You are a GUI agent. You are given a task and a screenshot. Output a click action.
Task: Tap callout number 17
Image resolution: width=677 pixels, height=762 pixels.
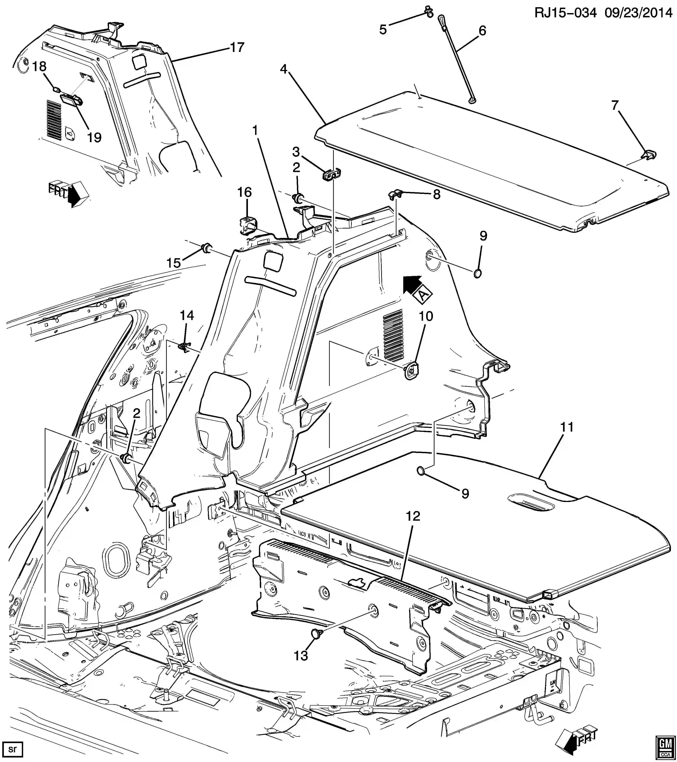point(237,47)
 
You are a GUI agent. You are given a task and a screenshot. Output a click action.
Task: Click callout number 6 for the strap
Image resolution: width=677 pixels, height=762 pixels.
point(482,31)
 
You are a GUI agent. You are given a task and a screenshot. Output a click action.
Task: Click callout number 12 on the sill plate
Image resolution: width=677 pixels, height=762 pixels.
point(413,516)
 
